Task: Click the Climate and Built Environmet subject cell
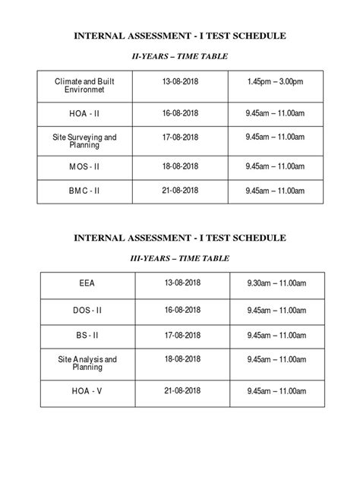click(x=84, y=84)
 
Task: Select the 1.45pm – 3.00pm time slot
click(x=276, y=81)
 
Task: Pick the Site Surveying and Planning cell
click(x=84, y=141)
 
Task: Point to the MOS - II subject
click(x=84, y=166)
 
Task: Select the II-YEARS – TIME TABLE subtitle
click(x=179, y=56)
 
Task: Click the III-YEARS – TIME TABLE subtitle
click(x=179, y=259)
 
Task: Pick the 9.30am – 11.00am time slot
click(x=276, y=283)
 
